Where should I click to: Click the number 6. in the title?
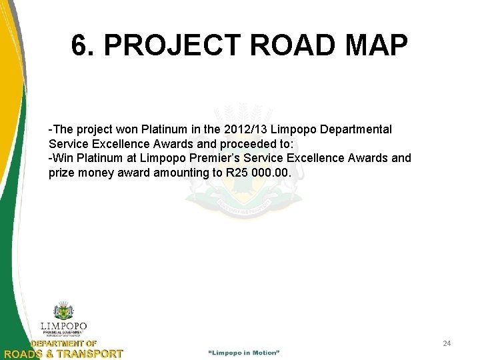point(85,46)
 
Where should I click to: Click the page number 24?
point(447,343)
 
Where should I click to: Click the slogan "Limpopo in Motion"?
point(244,351)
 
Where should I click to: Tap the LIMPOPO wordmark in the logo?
point(64,327)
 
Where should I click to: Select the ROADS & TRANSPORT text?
point(63,353)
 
